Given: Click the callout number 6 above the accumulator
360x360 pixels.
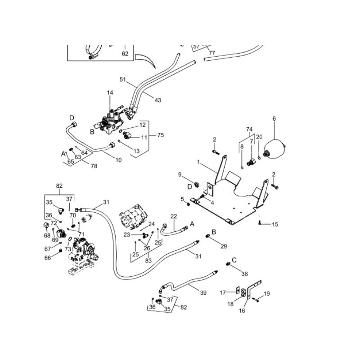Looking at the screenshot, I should pos(274,119).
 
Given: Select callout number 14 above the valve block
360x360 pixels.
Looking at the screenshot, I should pos(110,93).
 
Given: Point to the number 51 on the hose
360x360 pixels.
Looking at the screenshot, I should pos(122,79).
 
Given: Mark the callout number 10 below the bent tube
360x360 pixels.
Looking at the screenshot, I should pos(119,160).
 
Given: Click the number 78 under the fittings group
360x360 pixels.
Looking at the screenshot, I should pos(94,166).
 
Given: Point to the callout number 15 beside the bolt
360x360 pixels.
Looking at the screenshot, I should pos(275,224).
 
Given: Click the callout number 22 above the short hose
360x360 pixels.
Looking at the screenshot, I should pos(174,216).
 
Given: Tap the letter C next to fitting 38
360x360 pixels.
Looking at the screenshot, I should pos(234,259).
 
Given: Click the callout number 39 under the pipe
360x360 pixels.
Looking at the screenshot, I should pos(203,292).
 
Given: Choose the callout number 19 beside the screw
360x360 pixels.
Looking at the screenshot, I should pos(267,294).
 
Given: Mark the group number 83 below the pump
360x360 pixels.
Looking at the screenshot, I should pos(148,260).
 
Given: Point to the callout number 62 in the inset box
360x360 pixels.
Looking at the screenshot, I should pos(125,54).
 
